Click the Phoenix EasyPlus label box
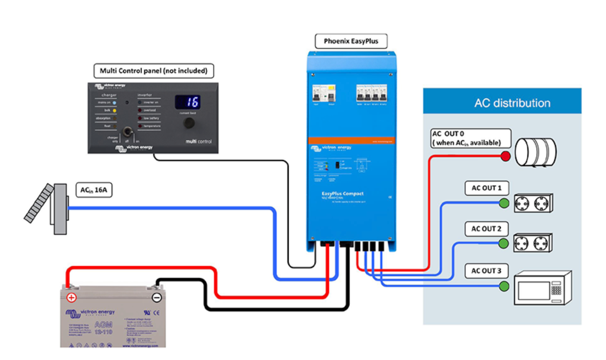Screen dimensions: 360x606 click(351, 41)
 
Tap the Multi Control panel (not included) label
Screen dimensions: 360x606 click(153, 71)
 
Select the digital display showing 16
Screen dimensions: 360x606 click(188, 102)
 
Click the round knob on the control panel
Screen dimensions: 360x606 click(189, 123)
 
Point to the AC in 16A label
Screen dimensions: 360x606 click(94, 190)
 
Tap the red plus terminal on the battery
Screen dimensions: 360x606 click(71, 297)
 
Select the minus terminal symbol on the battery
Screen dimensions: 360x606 click(157, 297)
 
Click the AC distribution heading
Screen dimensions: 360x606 click(512, 103)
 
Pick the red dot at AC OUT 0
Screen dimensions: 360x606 click(506, 156)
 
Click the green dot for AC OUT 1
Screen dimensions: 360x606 click(504, 203)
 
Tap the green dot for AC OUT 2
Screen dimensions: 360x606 click(503, 243)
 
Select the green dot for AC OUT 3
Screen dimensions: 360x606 click(504, 286)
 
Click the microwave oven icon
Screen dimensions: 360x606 click(542, 288)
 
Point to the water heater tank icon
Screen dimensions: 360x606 click(535, 152)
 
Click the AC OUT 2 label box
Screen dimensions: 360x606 click(486, 229)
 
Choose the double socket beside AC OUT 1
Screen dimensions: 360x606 click(533, 203)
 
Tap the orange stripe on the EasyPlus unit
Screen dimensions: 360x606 click(351, 140)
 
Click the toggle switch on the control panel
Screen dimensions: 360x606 click(127, 132)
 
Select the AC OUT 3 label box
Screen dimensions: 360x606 click(486, 271)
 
